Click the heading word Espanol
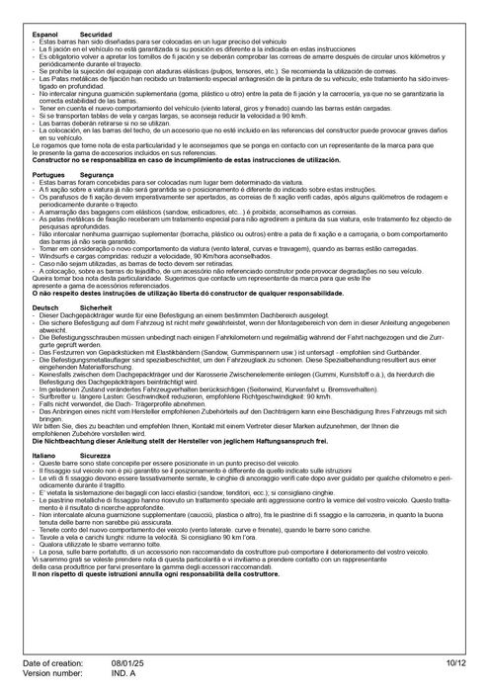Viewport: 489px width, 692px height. pyautogui.click(x=46, y=34)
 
